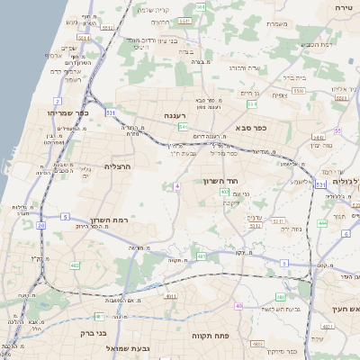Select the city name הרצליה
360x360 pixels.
tap(118, 166)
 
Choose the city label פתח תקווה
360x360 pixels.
tap(211, 334)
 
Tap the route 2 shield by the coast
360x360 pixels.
tap(58, 101)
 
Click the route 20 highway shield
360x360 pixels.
tap(41, 225)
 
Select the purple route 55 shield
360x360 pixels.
tap(337, 130)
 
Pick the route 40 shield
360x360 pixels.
tap(238, 306)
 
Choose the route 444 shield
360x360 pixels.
tap(322, 222)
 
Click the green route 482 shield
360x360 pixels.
tap(75, 266)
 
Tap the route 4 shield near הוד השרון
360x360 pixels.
tap(178, 185)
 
